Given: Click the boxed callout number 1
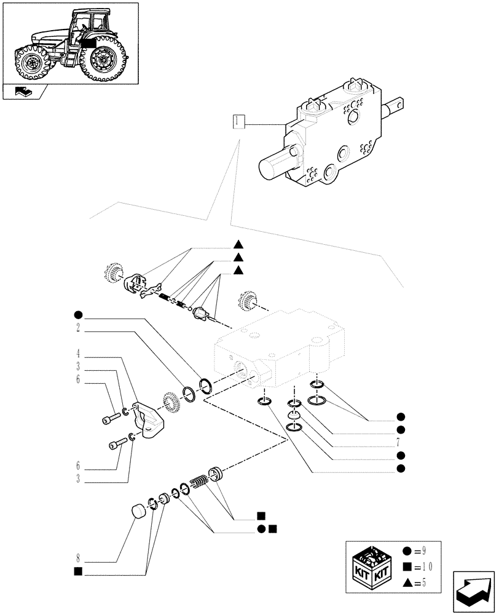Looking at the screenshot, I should (239, 121).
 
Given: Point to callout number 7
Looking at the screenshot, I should (400, 443).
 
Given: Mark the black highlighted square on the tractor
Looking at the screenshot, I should (88, 43).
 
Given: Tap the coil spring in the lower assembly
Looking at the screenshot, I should (199, 483).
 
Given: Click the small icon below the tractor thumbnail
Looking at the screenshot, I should (26, 93).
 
